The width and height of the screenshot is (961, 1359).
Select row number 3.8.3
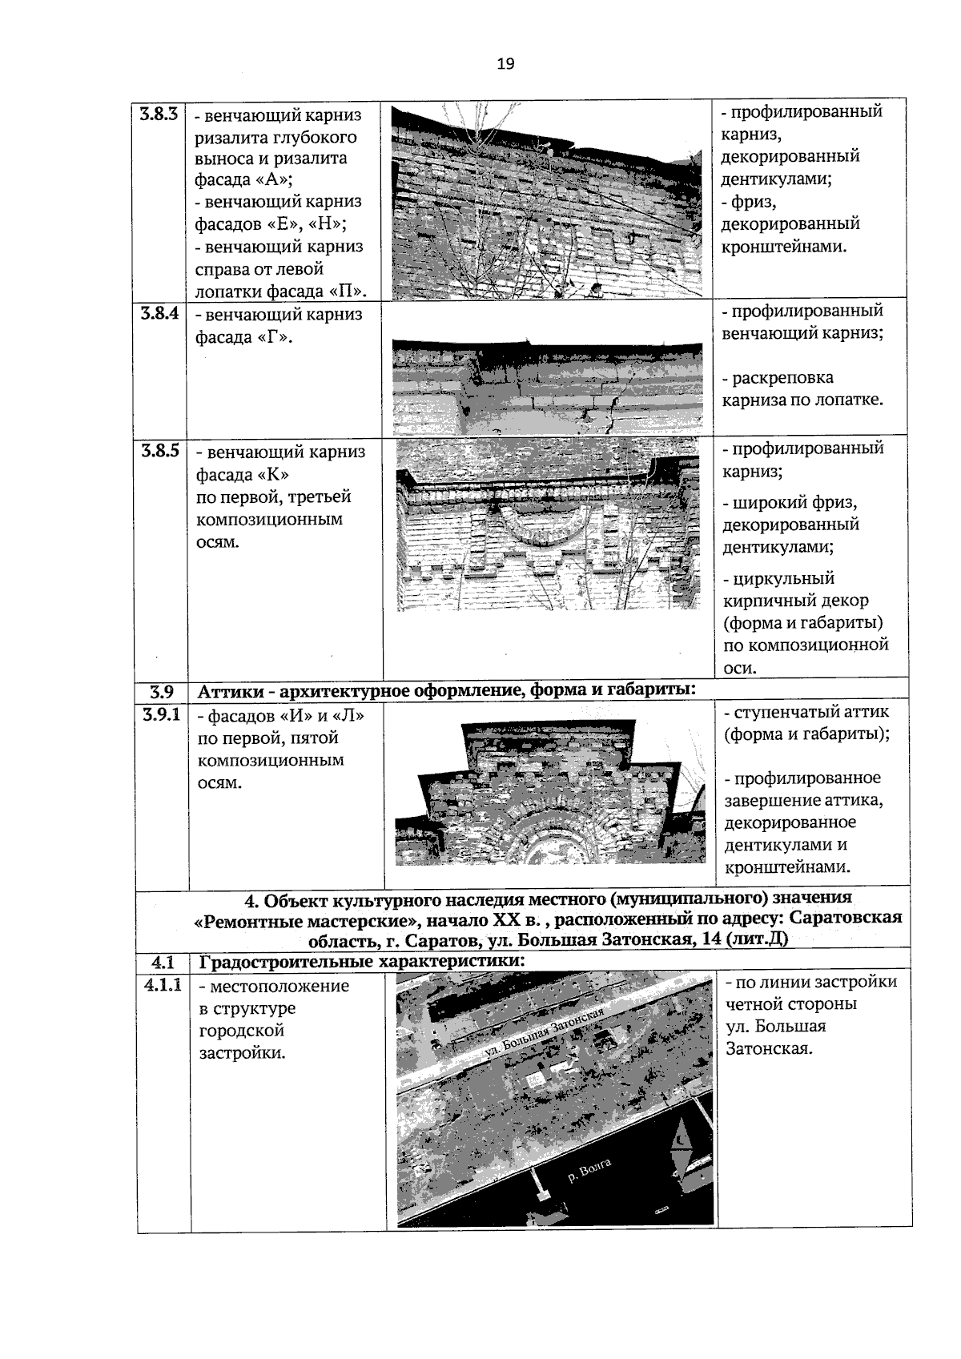tap(160, 114)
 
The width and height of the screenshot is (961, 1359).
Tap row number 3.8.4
tap(160, 313)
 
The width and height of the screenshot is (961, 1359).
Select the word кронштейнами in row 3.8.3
tap(784, 246)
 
